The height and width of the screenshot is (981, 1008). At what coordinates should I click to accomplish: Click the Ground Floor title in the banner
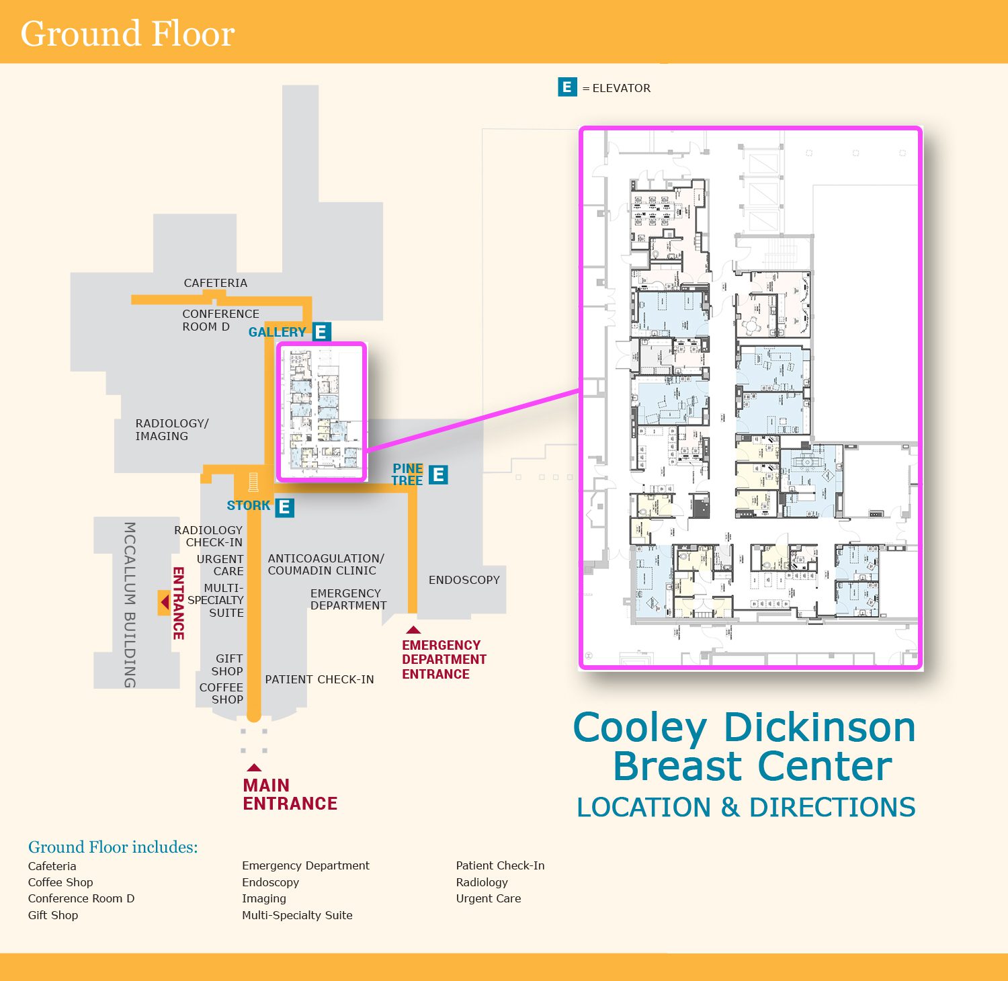[128, 34]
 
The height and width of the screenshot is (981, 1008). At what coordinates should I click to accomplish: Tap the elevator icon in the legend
[567, 87]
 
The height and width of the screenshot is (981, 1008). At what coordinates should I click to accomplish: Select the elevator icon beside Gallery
[321, 332]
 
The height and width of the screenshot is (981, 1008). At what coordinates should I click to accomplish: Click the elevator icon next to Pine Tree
[438, 475]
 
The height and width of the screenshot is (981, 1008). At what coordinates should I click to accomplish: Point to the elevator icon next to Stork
[284, 507]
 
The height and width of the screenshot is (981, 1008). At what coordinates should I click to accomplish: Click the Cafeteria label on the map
[216, 283]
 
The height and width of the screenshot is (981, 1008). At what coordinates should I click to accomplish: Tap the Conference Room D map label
[220, 320]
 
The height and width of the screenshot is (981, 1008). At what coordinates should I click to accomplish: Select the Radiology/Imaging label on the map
[172, 429]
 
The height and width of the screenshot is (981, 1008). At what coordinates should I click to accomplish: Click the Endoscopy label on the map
[464, 580]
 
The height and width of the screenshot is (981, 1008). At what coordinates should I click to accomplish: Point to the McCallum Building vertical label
[130, 604]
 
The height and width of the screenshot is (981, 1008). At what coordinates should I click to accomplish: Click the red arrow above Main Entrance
[253, 767]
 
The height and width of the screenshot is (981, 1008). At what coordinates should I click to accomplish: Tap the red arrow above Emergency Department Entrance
[413, 630]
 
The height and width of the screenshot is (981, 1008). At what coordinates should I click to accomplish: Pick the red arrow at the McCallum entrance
[164, 603]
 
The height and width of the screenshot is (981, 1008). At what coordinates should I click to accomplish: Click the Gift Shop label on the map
[228, 665]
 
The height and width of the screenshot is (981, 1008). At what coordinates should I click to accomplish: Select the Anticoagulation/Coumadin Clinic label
[326, 564]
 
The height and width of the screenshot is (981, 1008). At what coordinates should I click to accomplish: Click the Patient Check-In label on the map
[319, 679]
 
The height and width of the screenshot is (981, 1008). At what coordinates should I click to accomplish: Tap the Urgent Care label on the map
[220, 565]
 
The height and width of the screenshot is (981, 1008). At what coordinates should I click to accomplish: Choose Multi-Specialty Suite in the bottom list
[297, 915]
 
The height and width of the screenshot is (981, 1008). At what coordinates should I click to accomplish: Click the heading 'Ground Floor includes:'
[113, 847]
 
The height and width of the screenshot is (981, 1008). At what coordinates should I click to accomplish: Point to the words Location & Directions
[746, 807]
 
